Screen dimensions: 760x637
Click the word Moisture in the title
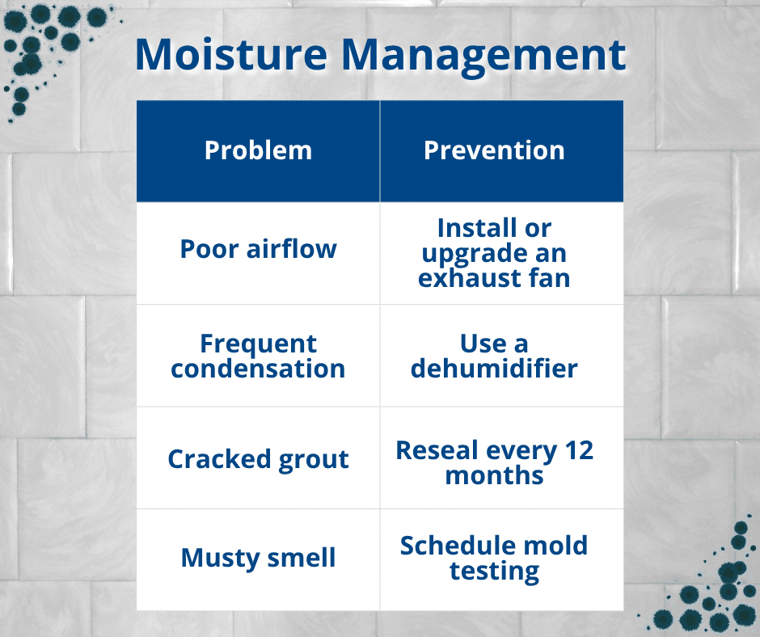point(232,54)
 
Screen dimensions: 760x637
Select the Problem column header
point(258,150)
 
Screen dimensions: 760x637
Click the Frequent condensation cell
point(259,356)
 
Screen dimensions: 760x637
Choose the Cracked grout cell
point(259,458)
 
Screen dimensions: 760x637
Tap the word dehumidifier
point(494,369)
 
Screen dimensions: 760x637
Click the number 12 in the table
point(579,450)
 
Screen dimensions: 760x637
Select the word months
point(494,475)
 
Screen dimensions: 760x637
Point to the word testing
point(494,572)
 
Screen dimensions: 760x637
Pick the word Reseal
point(437,450)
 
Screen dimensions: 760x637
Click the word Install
point(477,228)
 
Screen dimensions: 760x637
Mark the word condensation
point(259,369)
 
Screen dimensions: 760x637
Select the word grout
point(314,460)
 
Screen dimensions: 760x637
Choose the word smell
point(302,558)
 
